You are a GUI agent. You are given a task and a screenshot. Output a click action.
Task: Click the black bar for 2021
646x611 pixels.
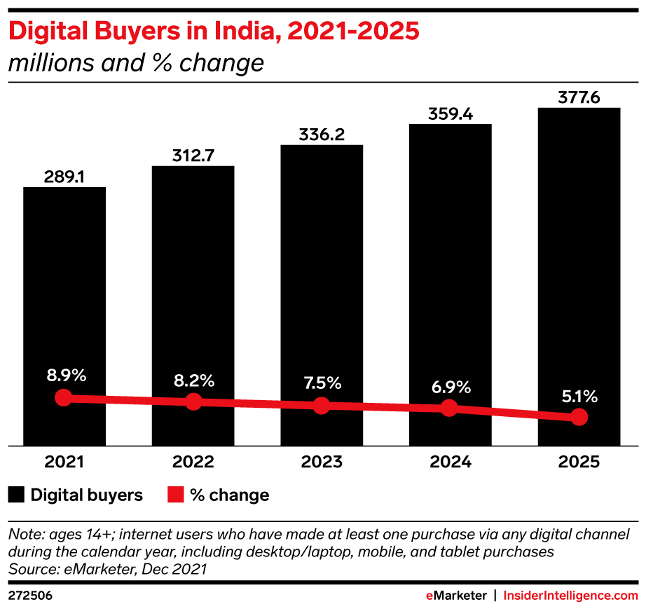tap(64, 294)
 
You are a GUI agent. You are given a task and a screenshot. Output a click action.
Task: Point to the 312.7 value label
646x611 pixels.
tap(193, 156)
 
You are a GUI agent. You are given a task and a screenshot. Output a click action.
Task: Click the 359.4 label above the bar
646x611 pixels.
tap(450, 114)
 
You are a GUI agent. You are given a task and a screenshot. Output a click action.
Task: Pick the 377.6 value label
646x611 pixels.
tap(579, 97)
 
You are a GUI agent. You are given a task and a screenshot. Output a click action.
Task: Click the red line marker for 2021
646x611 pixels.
tap(64, 397)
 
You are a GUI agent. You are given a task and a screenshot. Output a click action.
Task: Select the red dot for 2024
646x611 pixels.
tap(450, 409)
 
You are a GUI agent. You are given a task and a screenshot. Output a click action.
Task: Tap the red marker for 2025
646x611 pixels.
tap(579, 417)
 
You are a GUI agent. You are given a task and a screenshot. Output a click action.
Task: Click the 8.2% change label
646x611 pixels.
tap(193, 381)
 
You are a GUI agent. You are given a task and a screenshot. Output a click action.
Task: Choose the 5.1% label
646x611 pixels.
tap(579, 397)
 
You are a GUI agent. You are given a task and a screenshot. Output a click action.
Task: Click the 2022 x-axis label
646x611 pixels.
tap(193, 462)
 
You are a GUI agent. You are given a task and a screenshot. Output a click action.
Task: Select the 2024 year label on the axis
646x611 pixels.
tap(450, 462)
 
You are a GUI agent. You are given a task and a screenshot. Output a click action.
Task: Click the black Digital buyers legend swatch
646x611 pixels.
tap(17, 495)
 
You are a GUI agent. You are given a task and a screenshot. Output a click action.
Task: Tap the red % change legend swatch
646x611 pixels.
tap(176, 495)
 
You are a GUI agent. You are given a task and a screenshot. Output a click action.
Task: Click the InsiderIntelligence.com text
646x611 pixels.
tap(572, 596)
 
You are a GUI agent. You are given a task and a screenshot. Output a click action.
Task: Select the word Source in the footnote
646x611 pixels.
tap(30, 569)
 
